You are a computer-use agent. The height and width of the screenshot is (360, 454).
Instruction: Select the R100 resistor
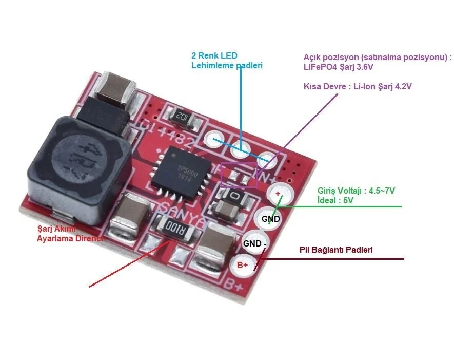(x=173, y=226)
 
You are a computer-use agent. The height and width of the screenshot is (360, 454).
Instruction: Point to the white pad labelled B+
(x=243, y=265)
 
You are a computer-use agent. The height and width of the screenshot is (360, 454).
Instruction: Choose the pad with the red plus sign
(x=278, y=194)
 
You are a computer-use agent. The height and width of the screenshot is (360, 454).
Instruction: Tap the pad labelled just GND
(x=270, y=219)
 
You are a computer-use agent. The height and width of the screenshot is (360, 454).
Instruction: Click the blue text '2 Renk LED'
(x=214, y=55)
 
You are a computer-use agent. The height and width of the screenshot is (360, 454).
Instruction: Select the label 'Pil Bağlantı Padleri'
(x=335, y=250)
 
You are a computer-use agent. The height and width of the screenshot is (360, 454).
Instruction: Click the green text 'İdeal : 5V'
(x=335, y=201)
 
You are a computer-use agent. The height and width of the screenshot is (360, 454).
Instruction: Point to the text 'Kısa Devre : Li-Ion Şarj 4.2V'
(x=358, y=87)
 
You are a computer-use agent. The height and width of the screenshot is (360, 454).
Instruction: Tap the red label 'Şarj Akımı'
(x=56, y=229)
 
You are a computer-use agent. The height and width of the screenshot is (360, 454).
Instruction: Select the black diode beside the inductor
(x=108, y=114)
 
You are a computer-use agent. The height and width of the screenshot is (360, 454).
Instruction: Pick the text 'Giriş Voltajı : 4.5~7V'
(x=356, y=191)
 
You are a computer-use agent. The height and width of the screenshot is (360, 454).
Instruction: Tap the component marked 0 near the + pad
(x=234, y=196)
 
